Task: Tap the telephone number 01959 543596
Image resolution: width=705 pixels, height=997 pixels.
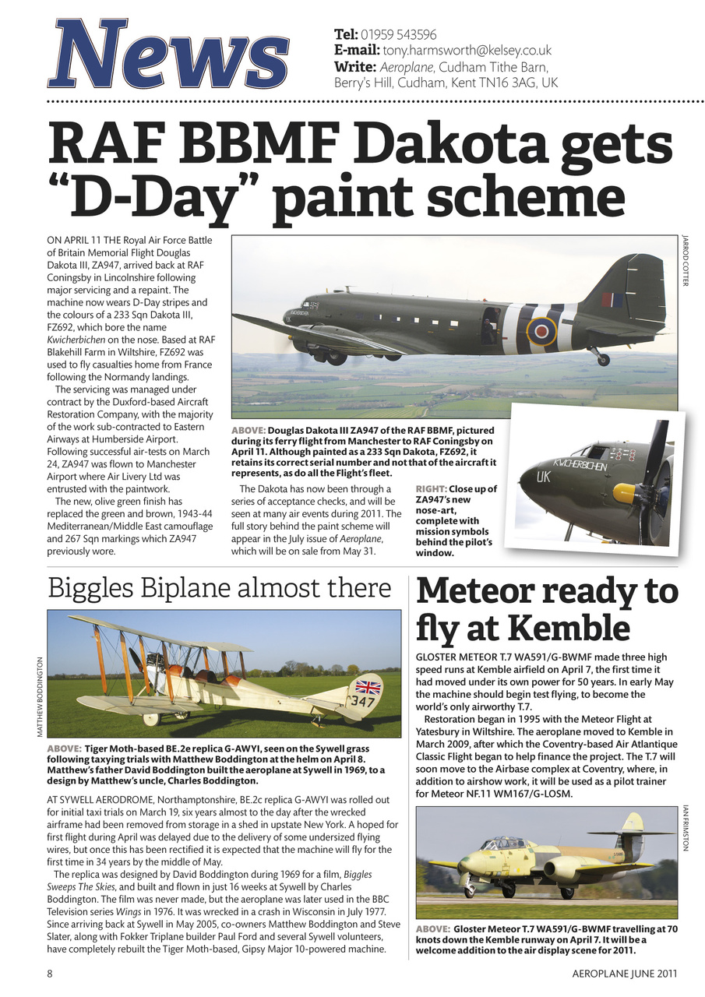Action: tap(397, 34)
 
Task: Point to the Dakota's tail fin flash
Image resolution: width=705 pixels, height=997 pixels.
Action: tap(612, 299)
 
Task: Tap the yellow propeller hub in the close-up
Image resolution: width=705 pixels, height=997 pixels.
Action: tap(625, 492)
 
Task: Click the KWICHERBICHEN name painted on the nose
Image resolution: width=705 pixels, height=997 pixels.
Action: tap(579, 465)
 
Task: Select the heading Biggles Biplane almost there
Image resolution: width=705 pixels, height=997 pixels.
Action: tap(219, 588)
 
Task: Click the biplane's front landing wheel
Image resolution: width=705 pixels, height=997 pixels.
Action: tap(151, 718)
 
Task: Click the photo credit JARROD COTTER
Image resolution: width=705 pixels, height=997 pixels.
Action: tap(686, 261)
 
